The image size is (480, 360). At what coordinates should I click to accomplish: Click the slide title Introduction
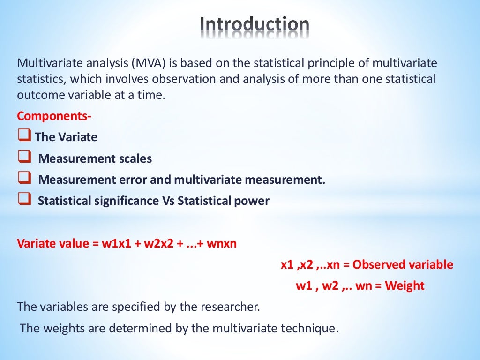255,25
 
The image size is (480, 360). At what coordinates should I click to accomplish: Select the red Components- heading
54,115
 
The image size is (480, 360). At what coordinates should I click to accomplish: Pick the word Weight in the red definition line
405,286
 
